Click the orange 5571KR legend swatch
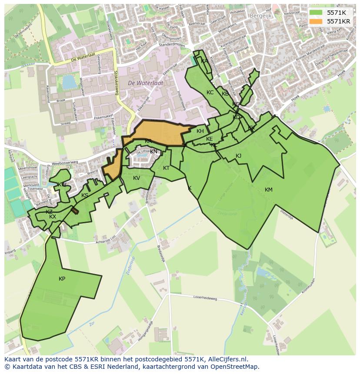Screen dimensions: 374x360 click(316, 21)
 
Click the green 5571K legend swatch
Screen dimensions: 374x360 click(316, 13)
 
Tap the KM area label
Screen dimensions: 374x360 click(268, 190)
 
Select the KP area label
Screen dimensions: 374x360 click(62, 279)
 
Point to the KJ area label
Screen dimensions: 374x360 click(238, 156)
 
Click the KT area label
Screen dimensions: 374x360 click(166, 168)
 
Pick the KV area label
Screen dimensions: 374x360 click(137, 178)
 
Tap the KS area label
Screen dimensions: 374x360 click(85, 195)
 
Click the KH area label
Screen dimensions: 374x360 click(200, 131)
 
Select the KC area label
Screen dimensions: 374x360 click(210, 93)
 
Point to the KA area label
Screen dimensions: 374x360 click(204, 61)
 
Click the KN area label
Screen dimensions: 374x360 click(153, 152)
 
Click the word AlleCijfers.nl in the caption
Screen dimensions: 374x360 click(226, 359)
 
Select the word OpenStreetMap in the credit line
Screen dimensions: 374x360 click(235, 367)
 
